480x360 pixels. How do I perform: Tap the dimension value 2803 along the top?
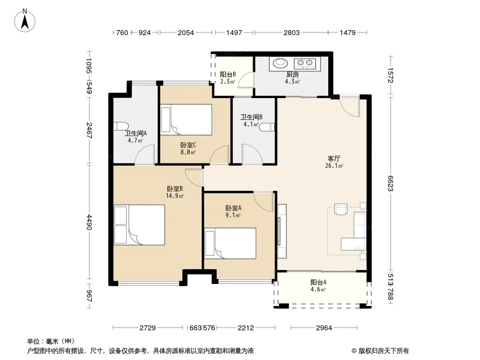tap(291, 32)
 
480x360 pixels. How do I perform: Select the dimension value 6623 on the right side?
tap(390, 184)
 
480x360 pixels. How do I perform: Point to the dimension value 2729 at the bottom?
tap(148, 328)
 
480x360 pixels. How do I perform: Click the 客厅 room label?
tap(334, 158)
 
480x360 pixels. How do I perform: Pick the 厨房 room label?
tap(292, 74)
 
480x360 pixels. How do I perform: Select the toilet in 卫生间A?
tap(121, 126)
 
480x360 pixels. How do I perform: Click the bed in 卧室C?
tap(186, 120)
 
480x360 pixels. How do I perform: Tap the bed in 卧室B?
tap(139, 225)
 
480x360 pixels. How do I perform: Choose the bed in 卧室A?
tap(230, 243)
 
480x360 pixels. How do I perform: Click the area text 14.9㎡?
tap(175, 196)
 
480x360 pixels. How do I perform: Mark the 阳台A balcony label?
tap(318, 282)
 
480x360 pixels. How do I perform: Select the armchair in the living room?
tap(341, 209)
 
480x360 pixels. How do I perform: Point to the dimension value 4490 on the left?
tap(89, 222)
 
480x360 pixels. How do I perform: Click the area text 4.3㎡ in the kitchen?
tap(292, 81)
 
